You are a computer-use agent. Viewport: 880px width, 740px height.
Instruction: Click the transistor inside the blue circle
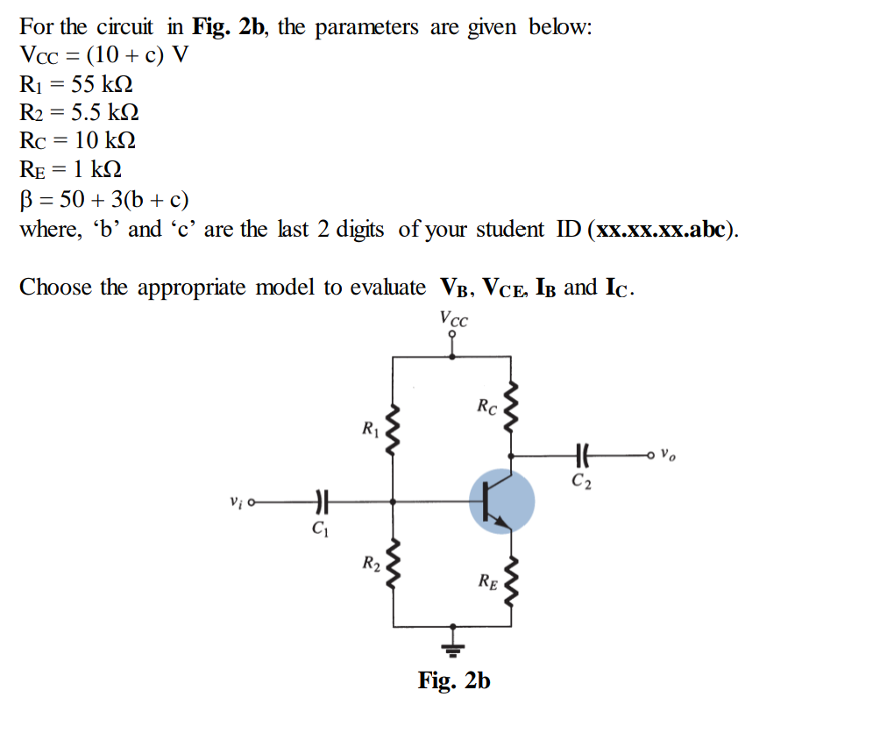click(500, 502)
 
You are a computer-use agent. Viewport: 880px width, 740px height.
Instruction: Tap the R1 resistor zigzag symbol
click(393, 430)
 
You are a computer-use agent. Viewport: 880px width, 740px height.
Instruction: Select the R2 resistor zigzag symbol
click(393, 563)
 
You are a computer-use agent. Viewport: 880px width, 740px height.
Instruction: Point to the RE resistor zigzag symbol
click(512, 579)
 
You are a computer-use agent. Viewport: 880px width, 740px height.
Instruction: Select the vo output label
click(668, 455)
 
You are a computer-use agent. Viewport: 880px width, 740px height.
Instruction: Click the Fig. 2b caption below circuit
click(454, 680)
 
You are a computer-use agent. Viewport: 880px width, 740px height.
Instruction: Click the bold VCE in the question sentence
click(509, 288)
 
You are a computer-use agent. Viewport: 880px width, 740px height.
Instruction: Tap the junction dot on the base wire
click(393, 502)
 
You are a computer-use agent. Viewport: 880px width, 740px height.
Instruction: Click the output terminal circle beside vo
click(649, 455)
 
